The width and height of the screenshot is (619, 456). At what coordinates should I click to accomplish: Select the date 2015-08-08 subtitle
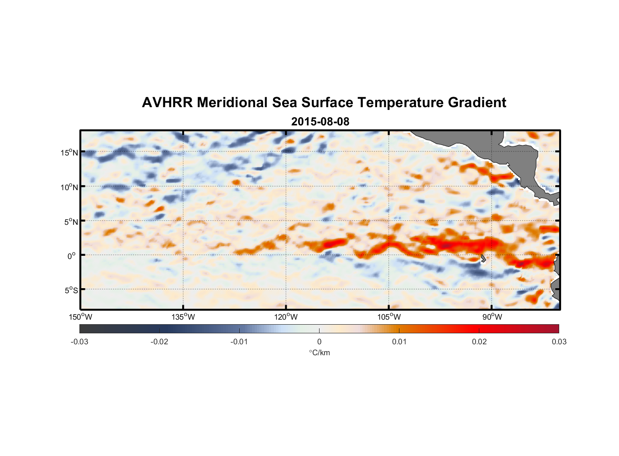pyautogui.click(x=320, y=122)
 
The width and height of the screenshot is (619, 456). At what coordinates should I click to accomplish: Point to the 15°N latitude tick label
pyautogui.click(x=69, y=152)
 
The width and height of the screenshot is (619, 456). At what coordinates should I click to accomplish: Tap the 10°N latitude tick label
pyautogui.click(x=69, y=187)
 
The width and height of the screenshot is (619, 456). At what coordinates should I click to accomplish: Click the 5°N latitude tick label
pyautogui.click(x=70, y=222)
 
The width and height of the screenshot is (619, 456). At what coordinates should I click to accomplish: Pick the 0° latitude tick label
pyautogui.click(x=72, y=256)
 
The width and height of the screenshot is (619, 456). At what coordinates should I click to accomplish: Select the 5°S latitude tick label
pyautogui.click(x=70, y=290)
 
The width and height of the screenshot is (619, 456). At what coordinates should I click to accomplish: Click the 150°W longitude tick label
pyautogui.click(x=80, y=317)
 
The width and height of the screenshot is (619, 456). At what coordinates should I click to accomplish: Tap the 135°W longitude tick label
pyautogui.click(x=183, y=317)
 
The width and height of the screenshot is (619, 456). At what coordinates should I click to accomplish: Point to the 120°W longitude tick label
pyautogui.click(x=286, y=317)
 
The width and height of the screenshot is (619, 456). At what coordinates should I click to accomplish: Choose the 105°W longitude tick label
pyautogui.click(x=389, y=317)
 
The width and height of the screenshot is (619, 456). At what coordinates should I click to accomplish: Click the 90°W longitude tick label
pyautogui.click(x=492, y=317)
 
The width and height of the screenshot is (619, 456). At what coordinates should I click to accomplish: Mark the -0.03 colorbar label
pyautogui.click(x=79, y=342)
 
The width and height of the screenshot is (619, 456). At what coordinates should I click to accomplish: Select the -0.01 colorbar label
pyautogui.click(x=239, y=342)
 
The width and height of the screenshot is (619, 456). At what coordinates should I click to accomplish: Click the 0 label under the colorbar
pyautogui.click(x=319, y=342)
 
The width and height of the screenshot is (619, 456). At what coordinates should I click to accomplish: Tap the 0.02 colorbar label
pyautogui.click(x=479, y=342)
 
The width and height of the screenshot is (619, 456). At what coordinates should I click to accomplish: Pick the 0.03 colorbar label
pyautogui.click(x=559, y=342)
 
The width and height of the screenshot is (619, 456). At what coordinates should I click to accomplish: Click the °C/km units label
pyautogui.click(x=319, y=352)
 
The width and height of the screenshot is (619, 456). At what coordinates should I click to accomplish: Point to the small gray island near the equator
pyautogui.click(x=483, y=259)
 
